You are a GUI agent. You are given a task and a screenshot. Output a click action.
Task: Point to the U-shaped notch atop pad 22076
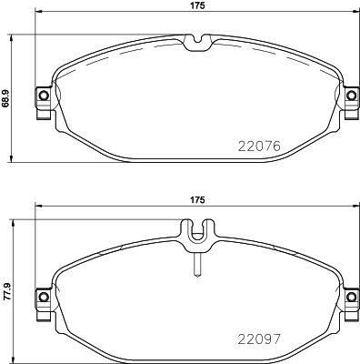pyautogui.click(x=195, y=42)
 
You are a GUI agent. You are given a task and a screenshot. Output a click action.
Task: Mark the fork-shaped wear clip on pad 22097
pyautogui.click(x=195, y=234)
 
